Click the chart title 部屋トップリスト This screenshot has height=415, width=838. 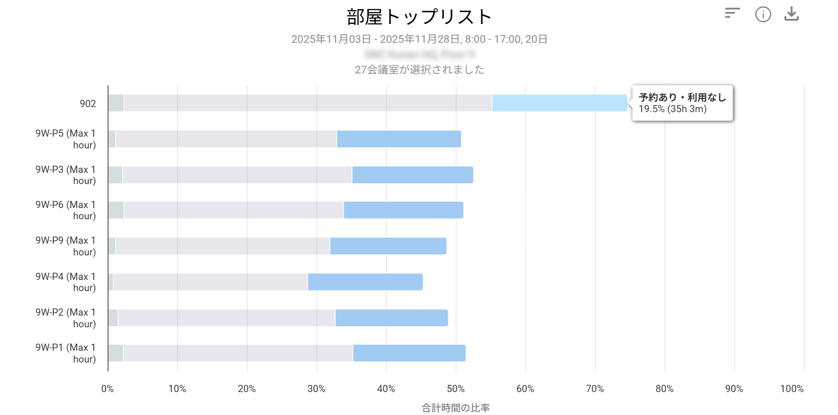419,17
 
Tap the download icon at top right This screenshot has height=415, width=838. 791,14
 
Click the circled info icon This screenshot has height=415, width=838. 763,14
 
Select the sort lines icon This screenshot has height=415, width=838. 732,13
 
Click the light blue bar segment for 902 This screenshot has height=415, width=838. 559,103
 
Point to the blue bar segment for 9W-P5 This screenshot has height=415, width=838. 399,139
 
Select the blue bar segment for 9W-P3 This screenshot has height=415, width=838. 412,175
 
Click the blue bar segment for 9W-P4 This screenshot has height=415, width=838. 365,282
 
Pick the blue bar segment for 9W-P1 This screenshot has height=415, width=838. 409,353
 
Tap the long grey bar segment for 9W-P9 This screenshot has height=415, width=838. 223,246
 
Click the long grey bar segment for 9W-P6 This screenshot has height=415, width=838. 234,210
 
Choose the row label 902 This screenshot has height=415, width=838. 88,103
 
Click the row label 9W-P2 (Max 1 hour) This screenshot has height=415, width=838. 66,318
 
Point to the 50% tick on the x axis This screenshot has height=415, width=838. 455,388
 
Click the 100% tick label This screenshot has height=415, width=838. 792,388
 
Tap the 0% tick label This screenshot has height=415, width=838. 108,388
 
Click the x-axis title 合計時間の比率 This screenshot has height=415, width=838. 455,408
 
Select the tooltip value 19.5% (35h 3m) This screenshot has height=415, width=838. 672,109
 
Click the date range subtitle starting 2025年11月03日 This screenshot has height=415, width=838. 419,39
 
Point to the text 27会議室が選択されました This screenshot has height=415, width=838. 419,70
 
